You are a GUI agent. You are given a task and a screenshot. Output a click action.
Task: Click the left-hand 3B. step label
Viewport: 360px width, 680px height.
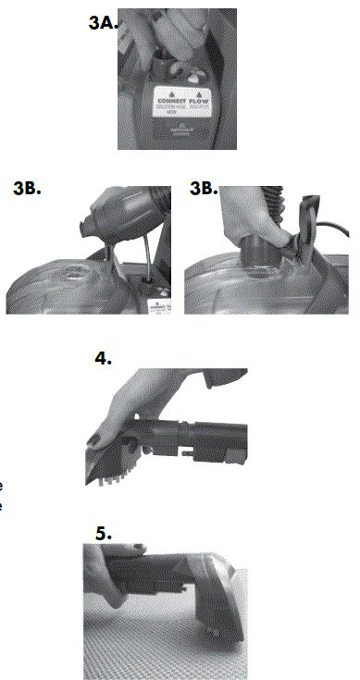[x=30, y=189]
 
